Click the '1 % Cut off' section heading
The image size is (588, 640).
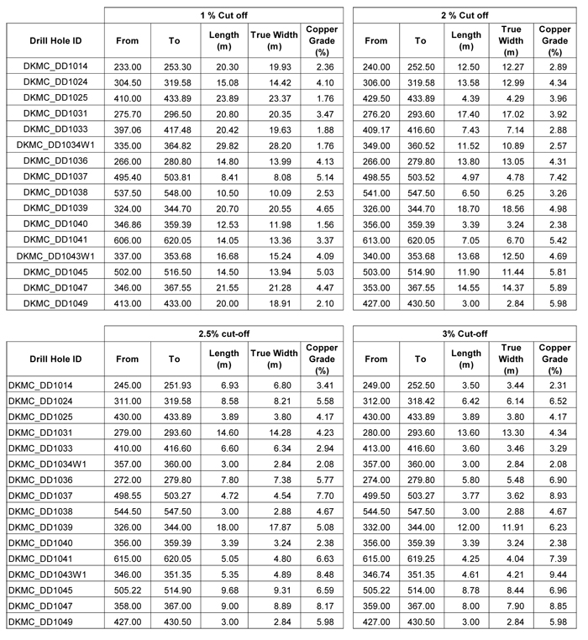[223, 15]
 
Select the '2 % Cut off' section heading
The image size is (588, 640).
[465, 15]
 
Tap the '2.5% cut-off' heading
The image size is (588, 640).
[223, 334]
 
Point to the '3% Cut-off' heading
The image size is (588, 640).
[465, 334]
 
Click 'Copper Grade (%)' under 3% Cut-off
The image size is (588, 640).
[554, 359]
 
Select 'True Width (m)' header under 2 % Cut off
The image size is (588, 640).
[510, 40]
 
